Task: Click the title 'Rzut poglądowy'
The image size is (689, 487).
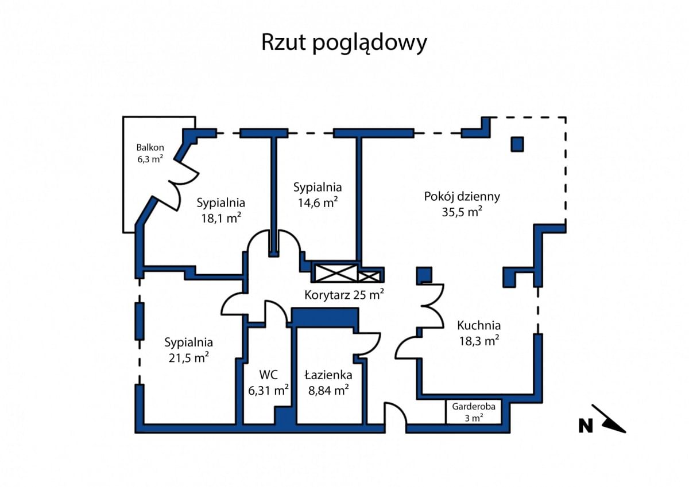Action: pyautogui.click(x=344, y=43)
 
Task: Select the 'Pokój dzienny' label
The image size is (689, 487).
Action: pyautogui.click(x=462, y=196)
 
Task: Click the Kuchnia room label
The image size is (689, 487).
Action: pyautogui.click(x=479, y=325)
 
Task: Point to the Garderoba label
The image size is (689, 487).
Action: pyautogui.click(x=474, y=406)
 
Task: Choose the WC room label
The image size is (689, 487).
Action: pyautogui.click(x=268, y=375)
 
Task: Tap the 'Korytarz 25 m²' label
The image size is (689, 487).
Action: pyautogui.click(x=344, y=295)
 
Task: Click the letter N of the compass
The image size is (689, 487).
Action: pyautogui.click(x=585, y=426)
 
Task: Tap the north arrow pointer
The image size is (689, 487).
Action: pyautogui.click(x=611, y=420)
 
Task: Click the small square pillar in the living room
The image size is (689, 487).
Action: pyautogui.click(x=517, y=144)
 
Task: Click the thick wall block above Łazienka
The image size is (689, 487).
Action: pyautogui.click(x=325, y=317)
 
